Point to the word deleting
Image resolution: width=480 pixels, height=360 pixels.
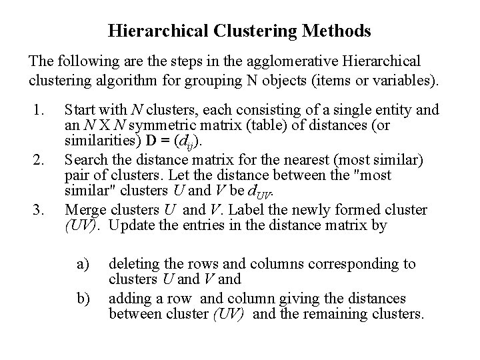click(x=133, y=263)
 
